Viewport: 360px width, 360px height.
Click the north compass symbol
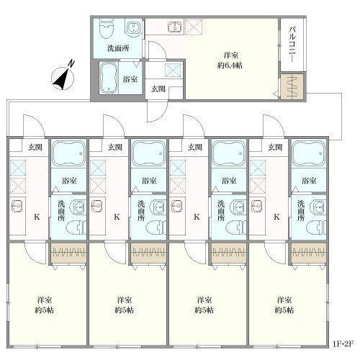pos(63,77)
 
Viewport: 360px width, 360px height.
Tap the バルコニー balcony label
pos(292,45)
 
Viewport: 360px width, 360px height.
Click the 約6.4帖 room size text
pos(230,66)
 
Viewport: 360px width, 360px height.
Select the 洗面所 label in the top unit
pos(118,48)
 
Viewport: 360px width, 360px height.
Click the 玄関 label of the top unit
pos(158,89)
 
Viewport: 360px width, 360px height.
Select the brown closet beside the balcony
pos(292,86)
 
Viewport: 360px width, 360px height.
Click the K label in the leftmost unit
pos(37,217)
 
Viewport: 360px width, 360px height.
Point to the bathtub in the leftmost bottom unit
pos(68,153)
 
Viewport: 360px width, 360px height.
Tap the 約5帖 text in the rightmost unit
pos(284,310)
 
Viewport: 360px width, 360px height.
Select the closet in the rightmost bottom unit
pos(309,253)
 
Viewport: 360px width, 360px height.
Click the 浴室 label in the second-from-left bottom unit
pos(149,181)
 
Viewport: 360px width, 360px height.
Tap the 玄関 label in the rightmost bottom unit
pos(275,147)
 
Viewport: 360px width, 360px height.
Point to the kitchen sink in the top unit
pos(176,27)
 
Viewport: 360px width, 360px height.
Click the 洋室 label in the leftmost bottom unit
pos(45,300)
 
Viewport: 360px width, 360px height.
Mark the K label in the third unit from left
pos(197,217)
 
